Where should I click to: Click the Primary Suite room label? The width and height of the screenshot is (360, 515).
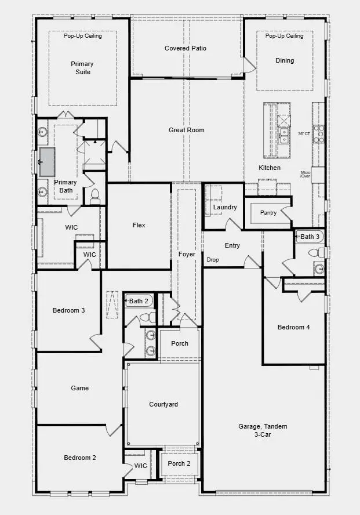pos(82,68)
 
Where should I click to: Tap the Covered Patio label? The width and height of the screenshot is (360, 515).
pos(185,48)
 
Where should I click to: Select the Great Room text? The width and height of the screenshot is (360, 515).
pos(186,130)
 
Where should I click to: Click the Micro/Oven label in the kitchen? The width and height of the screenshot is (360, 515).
pos(306,174)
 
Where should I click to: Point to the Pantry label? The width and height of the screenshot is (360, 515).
pos(268,213)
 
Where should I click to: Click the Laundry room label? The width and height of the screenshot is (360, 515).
pos(224,207)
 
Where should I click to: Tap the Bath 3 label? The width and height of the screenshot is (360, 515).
pos(310,237)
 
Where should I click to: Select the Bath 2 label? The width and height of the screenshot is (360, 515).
pos(140,301)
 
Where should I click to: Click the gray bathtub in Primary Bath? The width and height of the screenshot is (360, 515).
pos(46,161)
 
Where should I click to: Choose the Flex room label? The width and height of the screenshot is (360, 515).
pos(139,225)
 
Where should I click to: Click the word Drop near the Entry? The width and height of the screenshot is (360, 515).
pos(213,260)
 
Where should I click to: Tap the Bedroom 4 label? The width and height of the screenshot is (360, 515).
pos(293,327)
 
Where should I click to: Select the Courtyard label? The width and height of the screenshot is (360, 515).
pos(163,404)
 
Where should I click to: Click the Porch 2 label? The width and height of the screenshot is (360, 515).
pos(179,463)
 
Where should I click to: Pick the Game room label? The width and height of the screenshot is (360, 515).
pos(79,388)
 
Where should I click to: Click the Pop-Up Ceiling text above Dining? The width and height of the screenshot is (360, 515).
pos(284,36)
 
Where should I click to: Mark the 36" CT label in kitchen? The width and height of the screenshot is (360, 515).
pos(304,133)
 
